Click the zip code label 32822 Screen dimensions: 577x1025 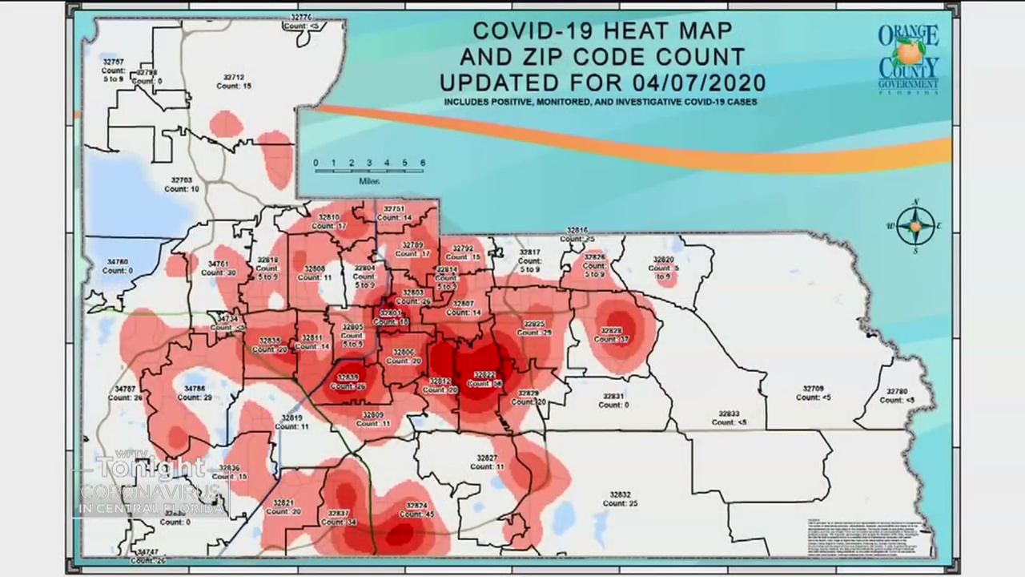point(484,374)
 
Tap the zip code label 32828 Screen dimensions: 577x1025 point(611,330)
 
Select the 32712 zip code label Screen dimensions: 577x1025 point(235,77)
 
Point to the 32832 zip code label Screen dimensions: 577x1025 point(620,495)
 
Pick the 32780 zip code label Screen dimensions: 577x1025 point(896,392)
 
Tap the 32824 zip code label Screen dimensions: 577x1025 point(416,506)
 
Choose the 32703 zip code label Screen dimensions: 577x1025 point(182,180)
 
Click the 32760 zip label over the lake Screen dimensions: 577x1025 point(118,262)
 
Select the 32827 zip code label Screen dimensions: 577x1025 point(487,458)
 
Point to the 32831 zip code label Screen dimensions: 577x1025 point(613,397)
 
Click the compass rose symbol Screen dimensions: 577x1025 point(915,227)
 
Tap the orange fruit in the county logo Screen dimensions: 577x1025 point(909,53)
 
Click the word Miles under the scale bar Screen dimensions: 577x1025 point(369,181)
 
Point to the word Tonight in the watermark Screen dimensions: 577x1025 point(151,468)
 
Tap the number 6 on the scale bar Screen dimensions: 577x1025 point(422,163)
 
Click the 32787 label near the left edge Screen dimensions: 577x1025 point(125,389)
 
